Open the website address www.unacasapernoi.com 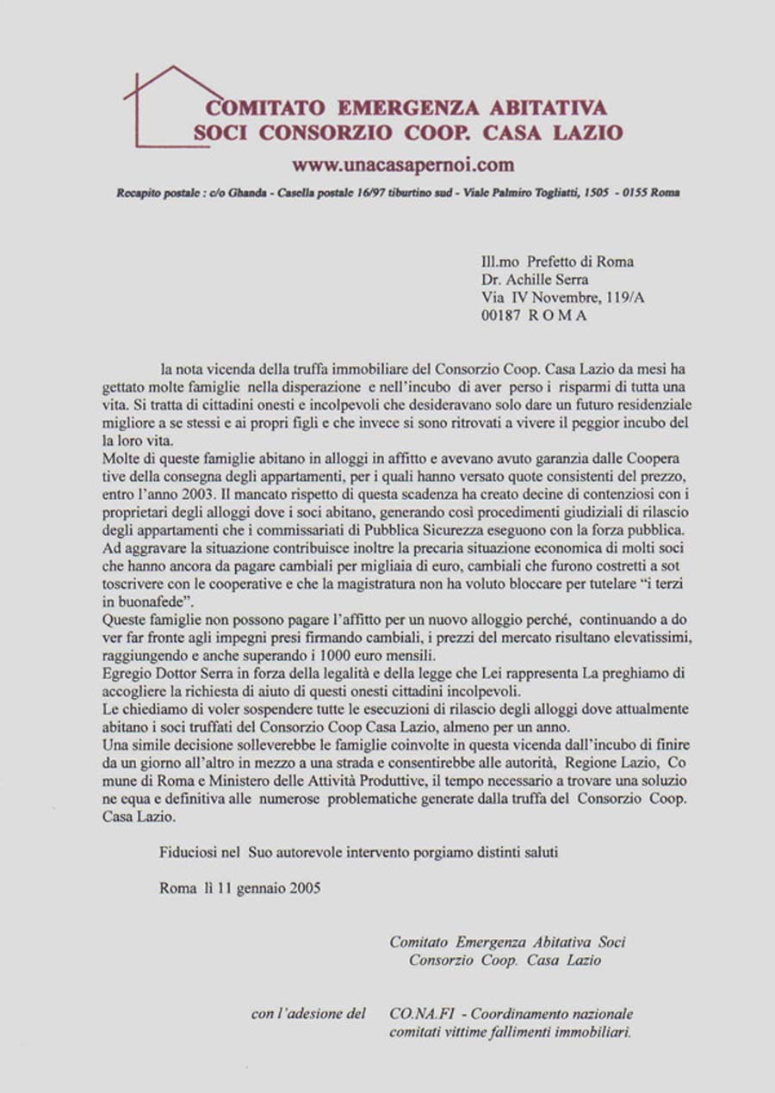[402, 164]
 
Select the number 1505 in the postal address [596, 193]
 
